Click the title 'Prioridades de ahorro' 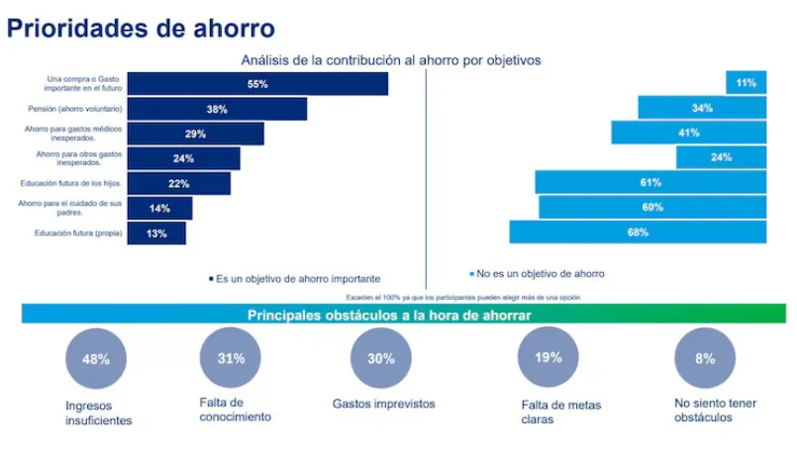click(141, 27)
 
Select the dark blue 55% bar click(257, 84)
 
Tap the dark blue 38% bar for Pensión click(217, 109)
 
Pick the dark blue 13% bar click(156, 233)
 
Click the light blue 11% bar click(746, 84)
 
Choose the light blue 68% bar click(638, 232)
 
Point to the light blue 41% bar click(688, 133)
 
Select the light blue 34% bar click(702, 108)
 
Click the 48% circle click(96, 359)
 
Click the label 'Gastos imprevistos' click(383, 404)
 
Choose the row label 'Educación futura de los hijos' click(71, 183)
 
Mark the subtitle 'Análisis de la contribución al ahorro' click(391, 59)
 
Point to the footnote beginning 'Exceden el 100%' click(462, 297)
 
